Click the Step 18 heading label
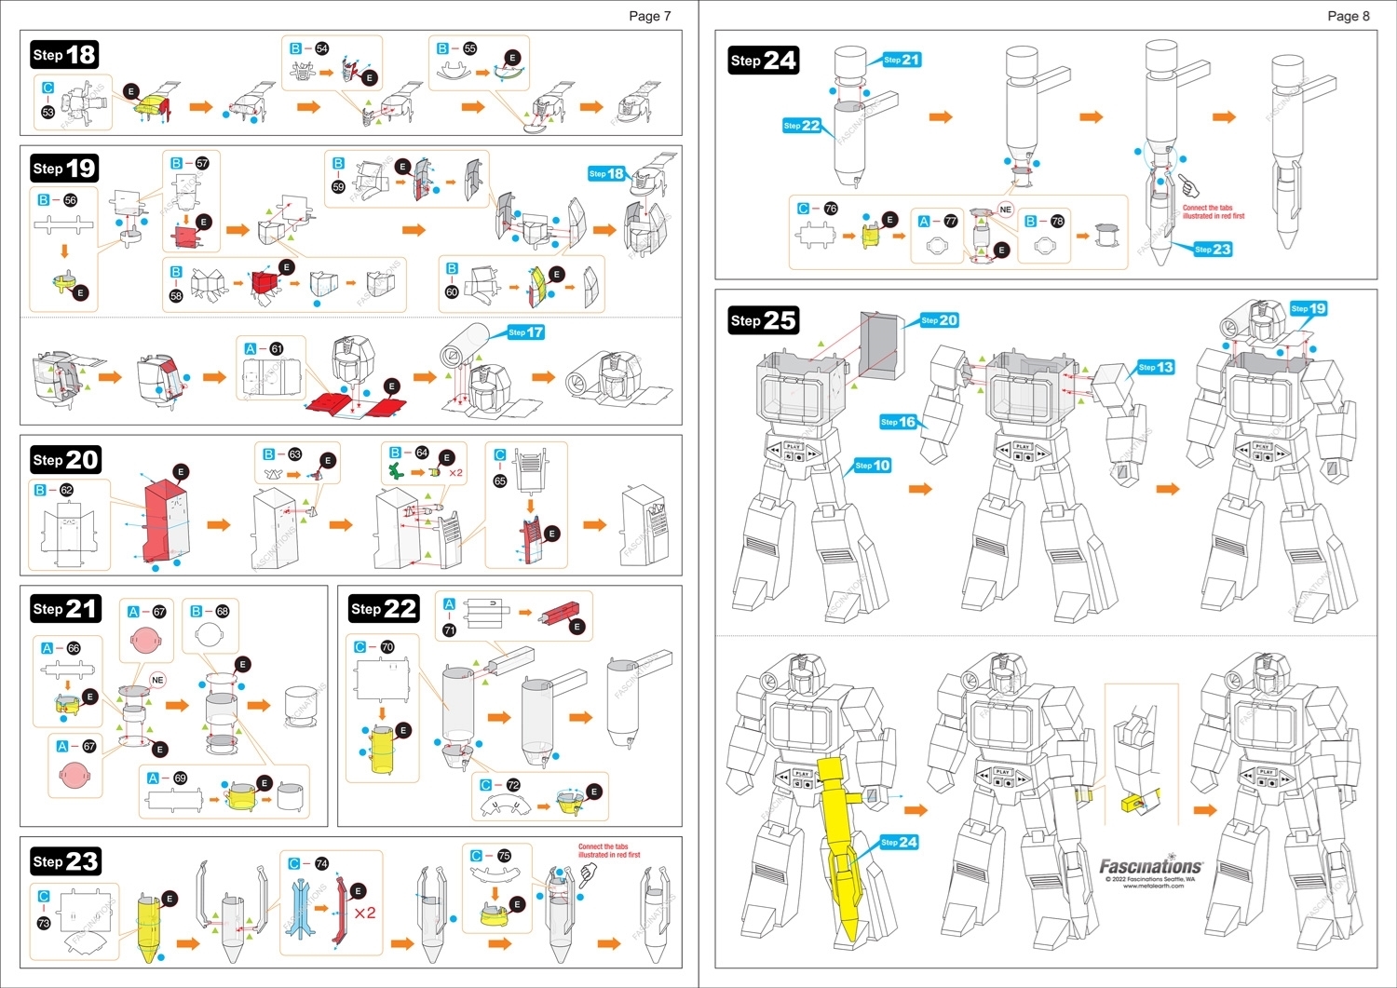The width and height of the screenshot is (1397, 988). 64,55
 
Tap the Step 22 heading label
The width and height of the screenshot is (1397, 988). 384,609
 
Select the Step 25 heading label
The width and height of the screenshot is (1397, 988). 764,320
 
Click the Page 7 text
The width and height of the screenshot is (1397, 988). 649,16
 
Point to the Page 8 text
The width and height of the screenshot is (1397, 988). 1348,16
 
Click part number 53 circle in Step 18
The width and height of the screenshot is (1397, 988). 47,112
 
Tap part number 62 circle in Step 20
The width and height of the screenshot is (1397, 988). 66,490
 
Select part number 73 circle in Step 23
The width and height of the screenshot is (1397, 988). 43,923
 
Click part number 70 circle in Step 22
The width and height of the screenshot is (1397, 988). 387,646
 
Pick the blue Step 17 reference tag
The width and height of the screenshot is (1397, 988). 526,332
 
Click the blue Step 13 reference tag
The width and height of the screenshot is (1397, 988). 1156,367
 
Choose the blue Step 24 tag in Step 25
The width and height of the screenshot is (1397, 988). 900,842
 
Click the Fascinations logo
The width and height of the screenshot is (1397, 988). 1151,867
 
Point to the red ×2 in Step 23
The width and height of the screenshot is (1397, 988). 364,913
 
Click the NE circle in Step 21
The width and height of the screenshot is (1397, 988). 157,680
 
